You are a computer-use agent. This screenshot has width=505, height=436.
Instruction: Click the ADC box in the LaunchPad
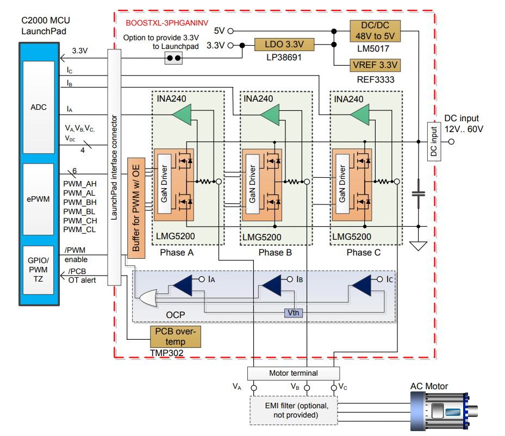tap(39, 108)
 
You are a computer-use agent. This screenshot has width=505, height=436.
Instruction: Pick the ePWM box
tap(39, 199)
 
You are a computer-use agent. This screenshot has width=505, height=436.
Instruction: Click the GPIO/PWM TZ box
tap(39, 270)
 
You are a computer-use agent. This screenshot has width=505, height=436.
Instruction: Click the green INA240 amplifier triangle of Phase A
tap(182, 114)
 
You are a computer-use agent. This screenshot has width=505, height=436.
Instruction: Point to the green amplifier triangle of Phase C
tap(360, 114)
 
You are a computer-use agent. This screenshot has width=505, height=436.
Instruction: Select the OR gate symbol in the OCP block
tap(147, 298)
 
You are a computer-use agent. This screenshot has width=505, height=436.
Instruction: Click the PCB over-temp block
tap(174, 337)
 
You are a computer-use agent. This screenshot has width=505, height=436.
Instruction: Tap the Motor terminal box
tap(294, 373)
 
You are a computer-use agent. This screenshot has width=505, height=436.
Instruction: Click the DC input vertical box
tap(433, 141)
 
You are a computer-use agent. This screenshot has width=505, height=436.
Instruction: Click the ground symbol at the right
tap(418, 246)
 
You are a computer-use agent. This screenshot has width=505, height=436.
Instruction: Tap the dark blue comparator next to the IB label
tap(272, 284)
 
